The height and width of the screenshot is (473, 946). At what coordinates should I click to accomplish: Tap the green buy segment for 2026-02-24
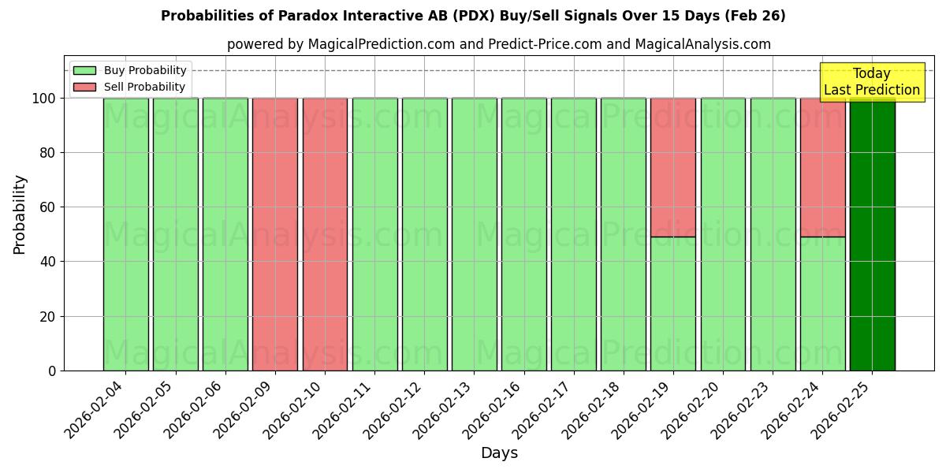[822, 304]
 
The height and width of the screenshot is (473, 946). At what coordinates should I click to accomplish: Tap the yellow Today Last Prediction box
[871, 82]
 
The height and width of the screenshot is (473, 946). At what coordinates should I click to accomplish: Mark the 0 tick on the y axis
[52, 371]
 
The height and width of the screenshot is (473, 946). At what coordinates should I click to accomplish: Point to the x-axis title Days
[499, 453]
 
